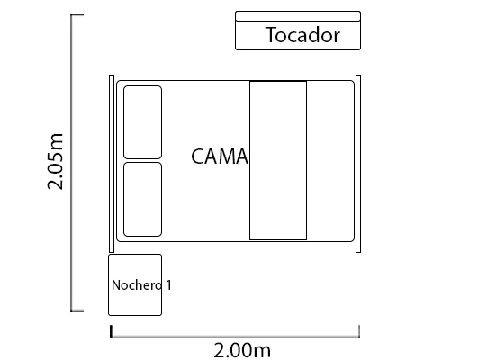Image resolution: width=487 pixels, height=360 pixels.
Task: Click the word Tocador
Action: tap(302, 35)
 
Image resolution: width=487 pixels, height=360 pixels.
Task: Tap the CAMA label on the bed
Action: tap(220, 157)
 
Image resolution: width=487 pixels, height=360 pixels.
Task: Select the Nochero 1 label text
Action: tap(141, 285)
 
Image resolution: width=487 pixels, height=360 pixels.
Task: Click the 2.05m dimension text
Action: tap(55, 161)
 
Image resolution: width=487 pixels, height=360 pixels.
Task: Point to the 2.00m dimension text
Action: tap(242, 350)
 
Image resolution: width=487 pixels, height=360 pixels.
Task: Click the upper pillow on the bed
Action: tap(142, 122)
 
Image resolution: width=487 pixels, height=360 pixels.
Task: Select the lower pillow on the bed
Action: tap(142, 200)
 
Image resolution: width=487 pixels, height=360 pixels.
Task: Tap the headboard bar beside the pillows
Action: tap(112, 164)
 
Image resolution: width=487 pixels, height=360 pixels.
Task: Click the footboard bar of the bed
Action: tap(358, 164)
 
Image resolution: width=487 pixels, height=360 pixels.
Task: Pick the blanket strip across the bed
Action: tap(278, 160)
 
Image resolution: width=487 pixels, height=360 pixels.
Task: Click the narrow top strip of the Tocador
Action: tap(298, 16)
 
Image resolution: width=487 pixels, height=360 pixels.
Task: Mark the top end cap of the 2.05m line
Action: tap(77, 14)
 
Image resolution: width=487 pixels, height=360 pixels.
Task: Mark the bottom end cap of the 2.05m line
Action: tap(77, 310)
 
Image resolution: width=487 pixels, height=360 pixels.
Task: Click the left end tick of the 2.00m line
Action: tap(111, 331)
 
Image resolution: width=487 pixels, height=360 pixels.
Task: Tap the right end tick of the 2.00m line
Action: tap(359, 331)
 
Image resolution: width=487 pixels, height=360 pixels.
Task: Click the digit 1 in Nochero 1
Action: tap(169, 285)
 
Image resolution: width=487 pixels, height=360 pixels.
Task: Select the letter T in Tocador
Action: tap(271, 35)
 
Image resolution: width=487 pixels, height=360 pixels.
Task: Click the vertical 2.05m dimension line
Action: tap(72, 163)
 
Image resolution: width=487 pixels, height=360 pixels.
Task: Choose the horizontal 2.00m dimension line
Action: tap(235, 337)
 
